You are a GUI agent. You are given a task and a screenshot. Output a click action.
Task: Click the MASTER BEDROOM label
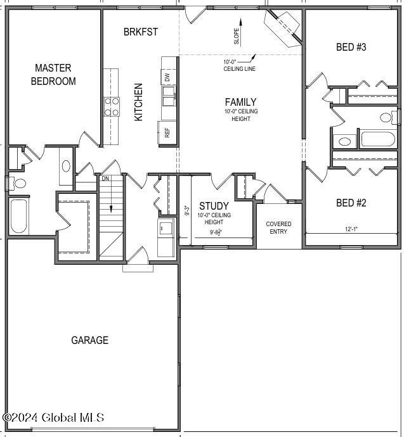coord(54,74)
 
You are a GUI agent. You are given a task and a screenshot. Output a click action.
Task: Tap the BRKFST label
coord(141,32)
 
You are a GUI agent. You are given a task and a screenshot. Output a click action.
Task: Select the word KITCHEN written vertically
coord(138,102)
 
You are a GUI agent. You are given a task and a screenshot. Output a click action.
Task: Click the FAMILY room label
coord(240,102)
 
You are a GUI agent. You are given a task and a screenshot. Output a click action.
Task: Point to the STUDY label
coord(214,206)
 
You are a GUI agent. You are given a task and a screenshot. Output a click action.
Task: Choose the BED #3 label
coord(351,47)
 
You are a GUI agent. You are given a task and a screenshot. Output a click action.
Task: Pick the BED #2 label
coord(351,203)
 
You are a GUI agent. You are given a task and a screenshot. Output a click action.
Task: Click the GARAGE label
coord(89,340)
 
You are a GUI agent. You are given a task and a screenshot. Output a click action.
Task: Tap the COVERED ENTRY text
coord(278,227)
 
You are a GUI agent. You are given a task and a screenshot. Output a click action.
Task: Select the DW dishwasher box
coord(167,78)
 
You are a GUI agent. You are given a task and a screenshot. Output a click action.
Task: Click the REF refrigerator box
coord(167,133)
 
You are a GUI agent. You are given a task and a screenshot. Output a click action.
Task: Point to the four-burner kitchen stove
coord(112,106)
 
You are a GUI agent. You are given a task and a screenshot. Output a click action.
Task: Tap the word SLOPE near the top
coord(237,35)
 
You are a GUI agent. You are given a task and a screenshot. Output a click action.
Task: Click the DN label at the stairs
coord(105,179)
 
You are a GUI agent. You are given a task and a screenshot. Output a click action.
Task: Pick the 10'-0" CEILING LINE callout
coord(239,65)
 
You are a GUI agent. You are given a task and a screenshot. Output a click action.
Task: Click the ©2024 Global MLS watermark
coord(53,417)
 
